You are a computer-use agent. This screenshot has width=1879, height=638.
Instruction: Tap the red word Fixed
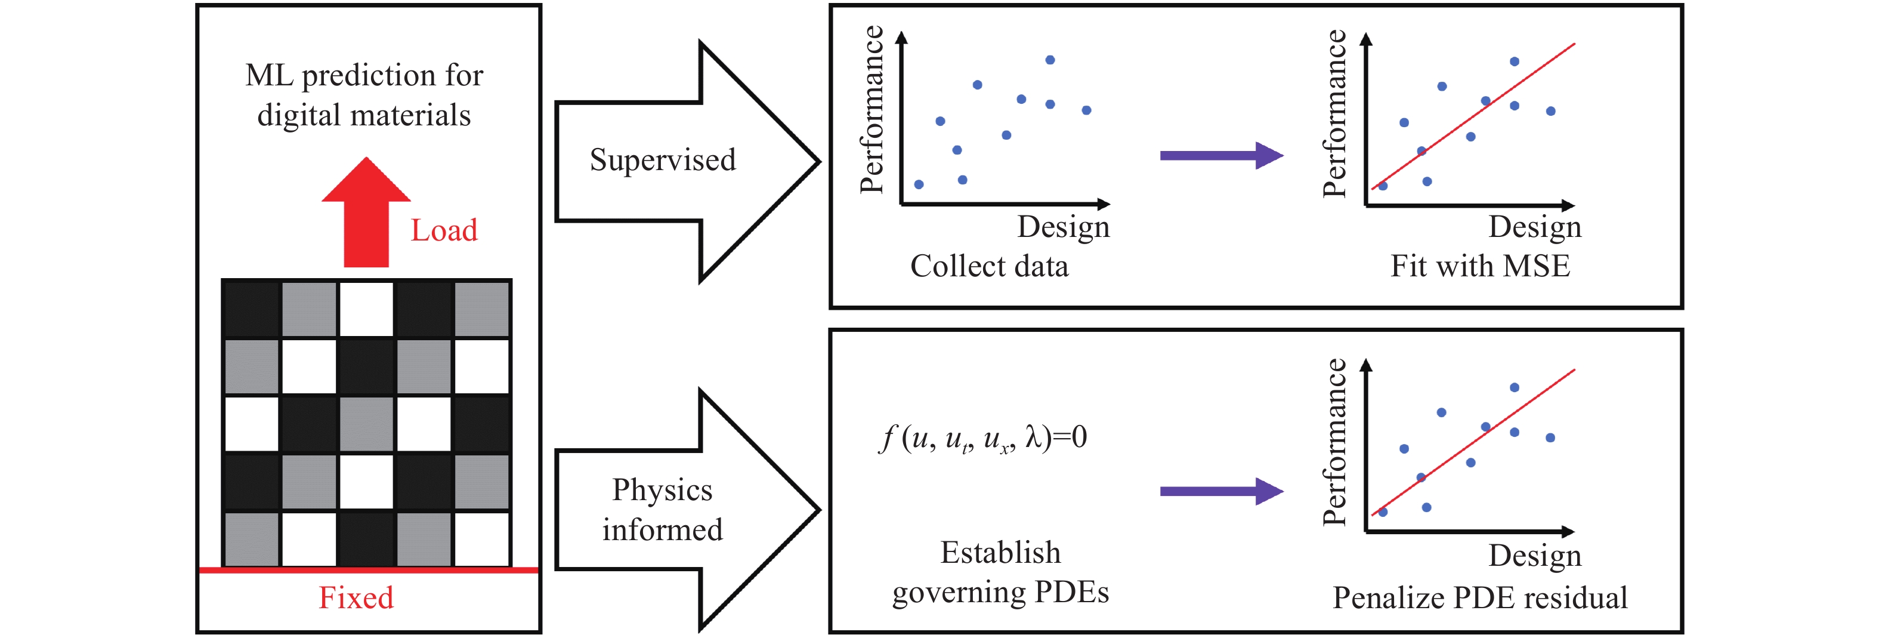click(356, 598)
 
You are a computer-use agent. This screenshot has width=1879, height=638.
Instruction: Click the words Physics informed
click(662, 510)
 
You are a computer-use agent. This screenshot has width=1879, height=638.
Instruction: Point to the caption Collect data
click(989, 266)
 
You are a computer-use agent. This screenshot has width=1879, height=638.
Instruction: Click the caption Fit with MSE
click(1479, 266)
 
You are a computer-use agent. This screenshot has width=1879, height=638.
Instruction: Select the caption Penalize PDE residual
click(1479, 598)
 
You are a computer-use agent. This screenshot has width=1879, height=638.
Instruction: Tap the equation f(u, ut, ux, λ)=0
click(983, 438)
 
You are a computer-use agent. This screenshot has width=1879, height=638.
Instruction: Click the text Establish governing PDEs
click(1000, 572)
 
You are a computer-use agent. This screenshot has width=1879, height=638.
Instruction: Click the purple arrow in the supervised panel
click(1220, 156)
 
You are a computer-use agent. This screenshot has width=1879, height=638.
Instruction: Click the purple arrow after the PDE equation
click(1220, 491)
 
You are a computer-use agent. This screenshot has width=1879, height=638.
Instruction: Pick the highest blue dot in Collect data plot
click(1050, 60)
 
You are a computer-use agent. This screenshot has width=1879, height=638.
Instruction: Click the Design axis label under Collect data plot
click(1063, 227)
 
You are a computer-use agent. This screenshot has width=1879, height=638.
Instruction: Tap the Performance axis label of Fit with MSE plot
click(1334, 114)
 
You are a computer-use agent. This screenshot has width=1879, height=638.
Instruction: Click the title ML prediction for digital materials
click(364, 95)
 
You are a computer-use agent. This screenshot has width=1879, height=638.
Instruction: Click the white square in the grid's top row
click(366, 309)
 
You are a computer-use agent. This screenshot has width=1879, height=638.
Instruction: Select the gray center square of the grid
click(366, 423)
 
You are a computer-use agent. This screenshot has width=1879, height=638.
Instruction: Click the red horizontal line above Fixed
click(369, 569)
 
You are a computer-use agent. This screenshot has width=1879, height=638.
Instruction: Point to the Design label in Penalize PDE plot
click(1534, 556)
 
